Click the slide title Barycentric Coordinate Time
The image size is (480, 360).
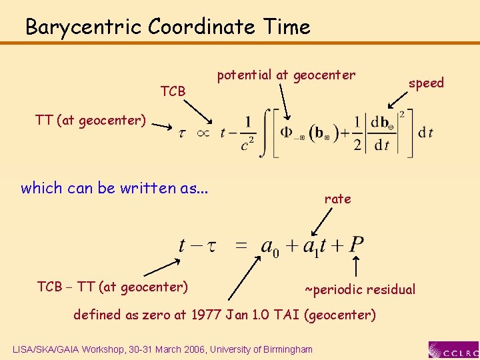point(167,27)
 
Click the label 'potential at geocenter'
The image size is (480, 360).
point(286,75)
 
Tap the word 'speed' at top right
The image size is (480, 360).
point(426,83)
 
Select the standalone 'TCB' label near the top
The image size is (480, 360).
point(173,91)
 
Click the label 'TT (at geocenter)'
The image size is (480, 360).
point(90,120)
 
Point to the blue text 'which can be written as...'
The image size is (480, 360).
point(114,188)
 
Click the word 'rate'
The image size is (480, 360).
point(337,199)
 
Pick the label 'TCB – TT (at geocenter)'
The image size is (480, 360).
point(112,287)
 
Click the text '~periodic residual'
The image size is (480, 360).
point(360,289)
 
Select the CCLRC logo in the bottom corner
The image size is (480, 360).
point(453,349)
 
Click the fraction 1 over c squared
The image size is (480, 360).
point(248,133)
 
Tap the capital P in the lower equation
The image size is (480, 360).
point(356,245)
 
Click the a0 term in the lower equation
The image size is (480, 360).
point(270,246)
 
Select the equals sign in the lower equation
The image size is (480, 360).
point(241,245)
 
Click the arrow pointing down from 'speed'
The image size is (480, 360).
point(399,99)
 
